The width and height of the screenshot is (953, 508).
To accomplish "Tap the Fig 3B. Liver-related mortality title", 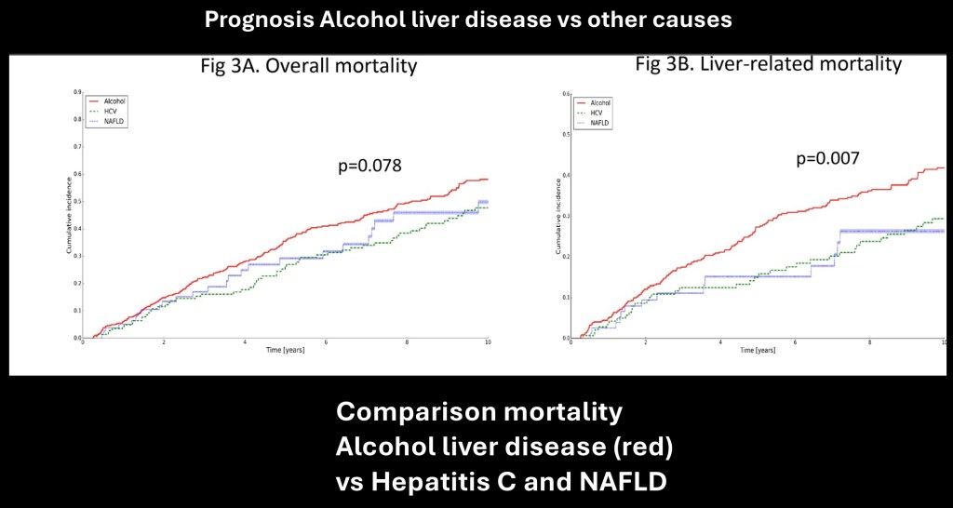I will tap(768, 64).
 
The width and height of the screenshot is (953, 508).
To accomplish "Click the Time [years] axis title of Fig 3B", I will tap(758, 351).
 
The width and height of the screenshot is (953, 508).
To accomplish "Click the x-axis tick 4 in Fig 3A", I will tap(245, 343).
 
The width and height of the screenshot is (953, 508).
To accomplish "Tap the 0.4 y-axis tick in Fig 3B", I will tap(567, 175).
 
